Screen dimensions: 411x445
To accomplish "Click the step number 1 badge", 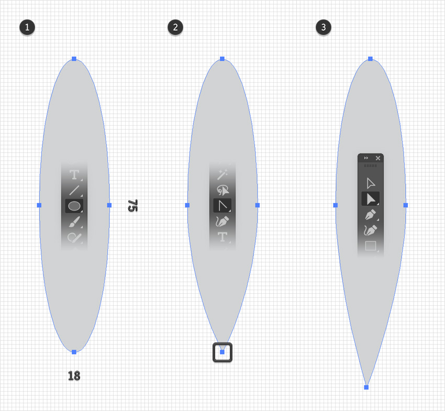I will [x=27, y=27].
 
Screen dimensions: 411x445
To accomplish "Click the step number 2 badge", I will [x=175, y=27].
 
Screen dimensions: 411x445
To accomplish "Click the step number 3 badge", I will [x=324, y=27].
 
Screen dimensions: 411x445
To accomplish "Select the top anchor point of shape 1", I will [x=74, y=59].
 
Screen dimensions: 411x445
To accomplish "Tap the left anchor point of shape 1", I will [x=39, y=205].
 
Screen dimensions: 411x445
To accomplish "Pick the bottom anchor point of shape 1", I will [x=74, y=352].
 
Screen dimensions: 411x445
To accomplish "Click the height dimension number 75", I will [x=132, y=205].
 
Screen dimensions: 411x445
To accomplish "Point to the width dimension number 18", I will [x=74, y=375].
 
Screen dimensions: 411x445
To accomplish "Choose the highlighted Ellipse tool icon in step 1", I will [x=74, y=206].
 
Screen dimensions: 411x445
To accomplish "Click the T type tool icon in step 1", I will [x=74, y=175].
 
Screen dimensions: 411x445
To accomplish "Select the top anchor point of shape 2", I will [x=222, y=59].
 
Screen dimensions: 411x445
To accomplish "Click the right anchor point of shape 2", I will [x=257, y=205].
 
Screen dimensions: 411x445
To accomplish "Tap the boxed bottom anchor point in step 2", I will [x=222, y=352].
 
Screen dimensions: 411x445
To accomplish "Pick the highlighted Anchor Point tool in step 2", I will [x=222, y=206].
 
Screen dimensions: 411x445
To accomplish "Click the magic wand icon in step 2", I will [x=222, y=173].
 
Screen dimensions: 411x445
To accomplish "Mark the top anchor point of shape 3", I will [x=370, y=59].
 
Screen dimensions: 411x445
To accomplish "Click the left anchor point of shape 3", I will [x=336, y=205].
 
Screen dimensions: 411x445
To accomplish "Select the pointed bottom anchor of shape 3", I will [x=366, y=387].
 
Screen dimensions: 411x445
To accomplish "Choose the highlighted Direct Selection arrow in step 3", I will [x=371, y=199].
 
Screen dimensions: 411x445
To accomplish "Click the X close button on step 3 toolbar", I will [x=378, y=158].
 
